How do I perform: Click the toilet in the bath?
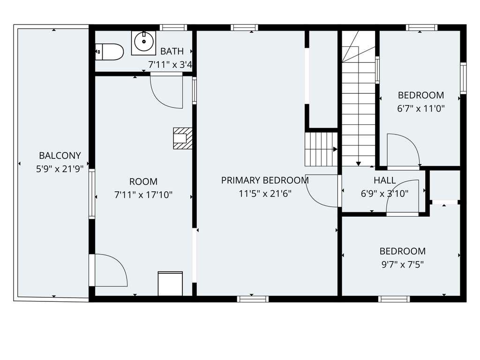[109, 52]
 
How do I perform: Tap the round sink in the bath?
[143, 43]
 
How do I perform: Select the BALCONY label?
[60, 156]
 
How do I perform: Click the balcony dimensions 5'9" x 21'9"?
[60, 169]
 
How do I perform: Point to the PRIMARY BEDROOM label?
[265, 180]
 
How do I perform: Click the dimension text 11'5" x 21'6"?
[265, 194]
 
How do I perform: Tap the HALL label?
[385, 180]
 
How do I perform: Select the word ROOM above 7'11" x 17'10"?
[143, 181]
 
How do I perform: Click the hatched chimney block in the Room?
[183, 138]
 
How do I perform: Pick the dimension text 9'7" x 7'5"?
[403, 264]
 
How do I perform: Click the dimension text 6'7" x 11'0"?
[421, 108]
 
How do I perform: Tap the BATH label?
[172, 51]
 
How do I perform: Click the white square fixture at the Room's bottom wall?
[170, 284]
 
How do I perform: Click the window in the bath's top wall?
[173, 28]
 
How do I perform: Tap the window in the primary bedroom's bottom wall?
[253, 299]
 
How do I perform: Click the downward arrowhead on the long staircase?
[359, 164]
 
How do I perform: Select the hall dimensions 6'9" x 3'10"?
[385, 194]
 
